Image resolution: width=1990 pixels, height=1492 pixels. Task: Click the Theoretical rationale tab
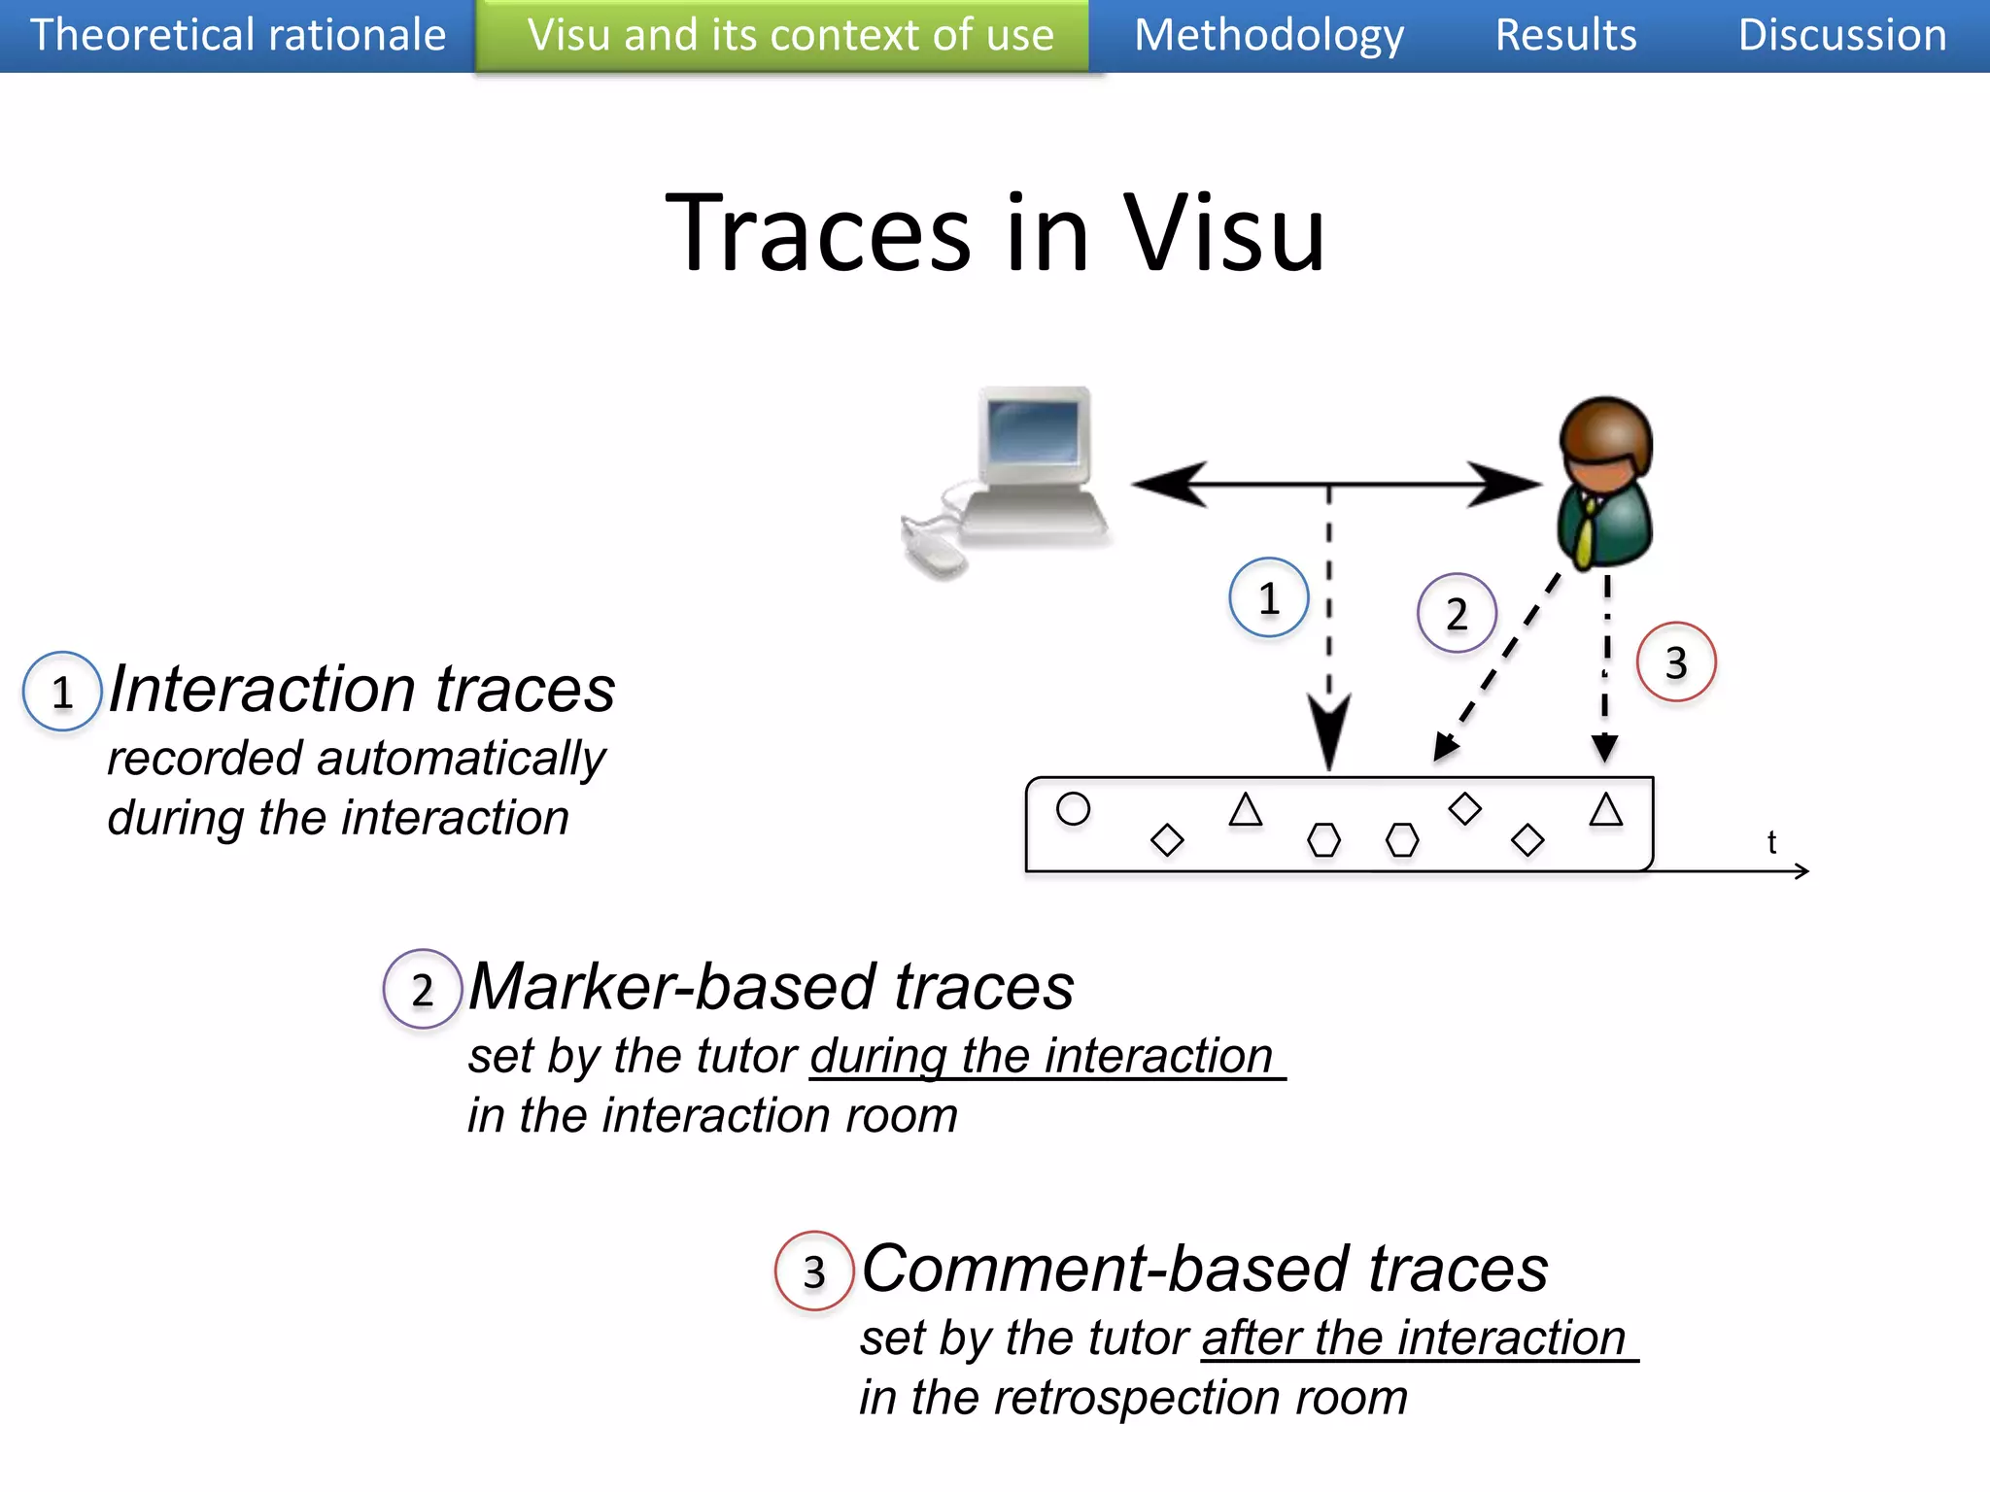tap(237, 35)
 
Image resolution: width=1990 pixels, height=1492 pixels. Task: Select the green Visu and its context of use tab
tap(790, 35)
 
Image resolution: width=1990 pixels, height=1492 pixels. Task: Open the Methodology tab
tap(1269, 35)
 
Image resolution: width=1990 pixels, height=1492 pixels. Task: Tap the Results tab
tap(1565, 35)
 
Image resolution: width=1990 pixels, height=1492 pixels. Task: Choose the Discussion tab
tap(1841, 35)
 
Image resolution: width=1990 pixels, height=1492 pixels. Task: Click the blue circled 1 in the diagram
tap(1268, 597)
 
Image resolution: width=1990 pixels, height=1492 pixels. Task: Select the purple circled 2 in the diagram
tap(1456, 613)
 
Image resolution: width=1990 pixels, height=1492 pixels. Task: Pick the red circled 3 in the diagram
tap(1675, 662)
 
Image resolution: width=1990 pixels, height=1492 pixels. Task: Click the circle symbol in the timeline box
tap(1073, 808)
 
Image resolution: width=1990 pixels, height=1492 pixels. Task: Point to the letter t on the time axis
tap(1771, 841)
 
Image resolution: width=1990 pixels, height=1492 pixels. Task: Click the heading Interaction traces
tap(361, 690)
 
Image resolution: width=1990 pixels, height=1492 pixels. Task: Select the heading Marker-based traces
tap(772, 987)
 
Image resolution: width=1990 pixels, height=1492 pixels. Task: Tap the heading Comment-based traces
tap(1205, 1269)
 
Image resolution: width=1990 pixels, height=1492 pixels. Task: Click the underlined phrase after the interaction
tap(1414, 1339)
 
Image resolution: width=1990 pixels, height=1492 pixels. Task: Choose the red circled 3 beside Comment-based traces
tap(813, 1272)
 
